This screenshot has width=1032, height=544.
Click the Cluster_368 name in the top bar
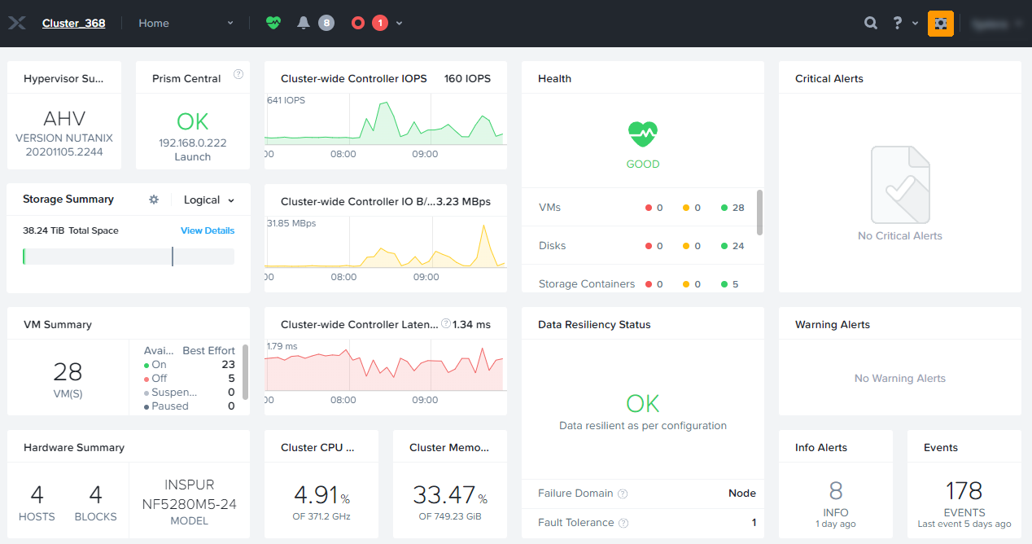tap(73, 24)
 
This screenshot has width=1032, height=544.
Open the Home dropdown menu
tap(186, 24)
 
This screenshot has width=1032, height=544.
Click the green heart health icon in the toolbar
tap(273, 24)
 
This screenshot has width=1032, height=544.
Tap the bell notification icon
tap(304, 24)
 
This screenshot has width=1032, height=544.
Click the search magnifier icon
tap(871, 24)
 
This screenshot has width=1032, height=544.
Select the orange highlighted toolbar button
tap(940, 24)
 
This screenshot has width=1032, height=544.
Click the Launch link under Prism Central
tap(193, 157)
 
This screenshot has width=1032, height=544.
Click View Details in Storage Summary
tap(208, 230)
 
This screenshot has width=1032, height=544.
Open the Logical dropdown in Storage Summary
tap(209, 200)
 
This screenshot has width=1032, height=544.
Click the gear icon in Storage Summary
tap(154, 200)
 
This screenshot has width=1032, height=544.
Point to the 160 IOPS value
tap(467, 79)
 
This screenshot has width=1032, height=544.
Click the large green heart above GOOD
tap(643, 134)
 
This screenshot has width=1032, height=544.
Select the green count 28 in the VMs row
tap(738, 208)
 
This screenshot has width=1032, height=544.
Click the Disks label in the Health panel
tap(553, 246)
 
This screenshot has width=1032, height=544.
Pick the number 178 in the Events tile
tap(964, 491)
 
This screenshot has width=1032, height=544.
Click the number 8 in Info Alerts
tap(836, 491)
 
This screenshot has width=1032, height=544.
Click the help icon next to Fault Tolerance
tap(623, 523)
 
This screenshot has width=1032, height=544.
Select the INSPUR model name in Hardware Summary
tap(190, 485)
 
